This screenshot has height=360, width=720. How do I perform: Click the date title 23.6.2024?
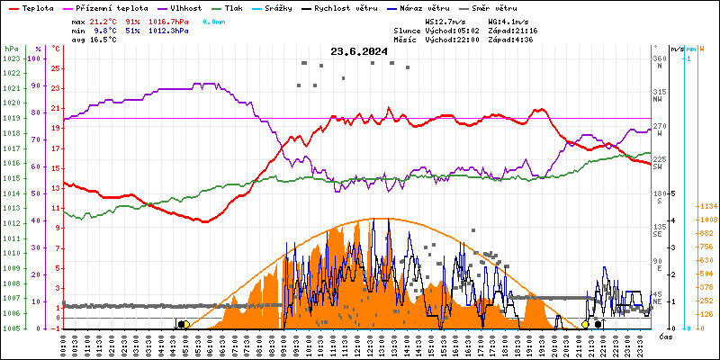[359, 51]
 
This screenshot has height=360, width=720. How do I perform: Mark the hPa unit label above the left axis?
[11, 49]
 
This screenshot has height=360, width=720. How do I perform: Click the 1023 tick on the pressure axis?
[11, 58]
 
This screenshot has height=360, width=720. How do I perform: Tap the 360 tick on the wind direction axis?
[660, 58]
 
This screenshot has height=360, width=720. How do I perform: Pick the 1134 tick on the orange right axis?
[708, 206]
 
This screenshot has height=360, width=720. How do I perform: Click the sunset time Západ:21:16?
[512, 31]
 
